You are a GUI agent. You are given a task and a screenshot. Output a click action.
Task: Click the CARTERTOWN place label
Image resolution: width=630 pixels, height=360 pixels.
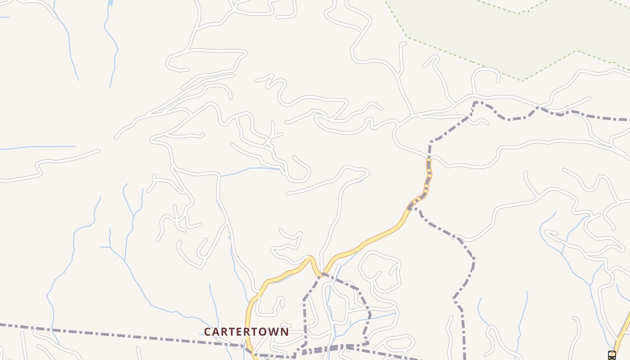246,332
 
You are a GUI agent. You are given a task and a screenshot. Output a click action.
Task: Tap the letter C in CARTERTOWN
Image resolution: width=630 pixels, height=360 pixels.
208,332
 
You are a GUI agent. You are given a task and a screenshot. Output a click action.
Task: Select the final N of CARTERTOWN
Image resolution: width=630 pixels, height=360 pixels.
284,332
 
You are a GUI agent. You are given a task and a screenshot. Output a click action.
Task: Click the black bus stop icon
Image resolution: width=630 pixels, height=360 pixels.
612,355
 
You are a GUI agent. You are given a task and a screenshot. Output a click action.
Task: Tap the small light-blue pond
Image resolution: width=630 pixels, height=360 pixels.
110,3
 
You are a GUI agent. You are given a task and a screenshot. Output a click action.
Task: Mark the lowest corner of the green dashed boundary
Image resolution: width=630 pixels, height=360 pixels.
522,81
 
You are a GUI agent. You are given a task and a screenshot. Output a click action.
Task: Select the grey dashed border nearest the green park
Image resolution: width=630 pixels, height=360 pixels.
508,119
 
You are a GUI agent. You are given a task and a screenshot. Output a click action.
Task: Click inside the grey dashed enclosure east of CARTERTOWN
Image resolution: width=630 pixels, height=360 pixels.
337,310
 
